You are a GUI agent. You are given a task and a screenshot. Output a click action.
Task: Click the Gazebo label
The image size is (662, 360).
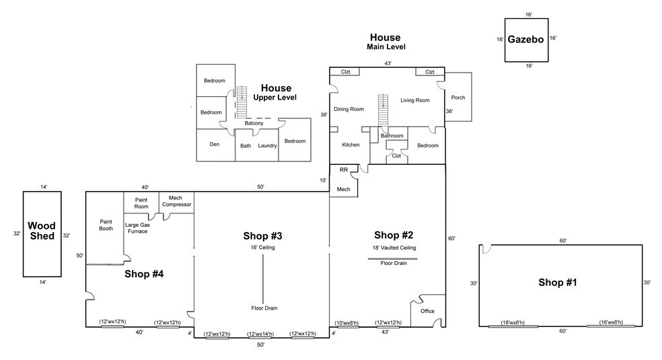pos(525,40)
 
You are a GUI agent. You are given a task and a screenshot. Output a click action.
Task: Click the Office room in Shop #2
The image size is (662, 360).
pos(427,312)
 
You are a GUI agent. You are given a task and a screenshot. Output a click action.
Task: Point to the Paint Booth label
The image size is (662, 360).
pos(106,225)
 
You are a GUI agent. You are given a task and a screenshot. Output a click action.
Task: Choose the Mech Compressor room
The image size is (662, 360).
pos(176,201)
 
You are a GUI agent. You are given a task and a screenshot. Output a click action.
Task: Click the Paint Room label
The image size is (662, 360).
pos(141,203)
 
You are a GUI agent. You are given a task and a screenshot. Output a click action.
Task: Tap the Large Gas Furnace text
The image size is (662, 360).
pos(138,228)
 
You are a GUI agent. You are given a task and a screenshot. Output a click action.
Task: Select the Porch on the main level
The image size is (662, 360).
pos(457,98)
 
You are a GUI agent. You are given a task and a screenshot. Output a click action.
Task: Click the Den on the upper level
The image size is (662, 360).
pos(215,144)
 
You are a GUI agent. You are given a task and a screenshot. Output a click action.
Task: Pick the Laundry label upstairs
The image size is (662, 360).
pos(267,145)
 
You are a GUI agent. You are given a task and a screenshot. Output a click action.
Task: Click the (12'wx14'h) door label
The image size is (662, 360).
pos(260,334)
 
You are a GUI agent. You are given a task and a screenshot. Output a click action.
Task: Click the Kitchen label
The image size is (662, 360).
pos(351,145)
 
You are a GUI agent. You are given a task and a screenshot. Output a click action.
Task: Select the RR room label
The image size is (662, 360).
pos(343,170)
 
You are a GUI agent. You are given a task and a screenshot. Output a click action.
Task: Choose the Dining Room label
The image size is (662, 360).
pos(349,109)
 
